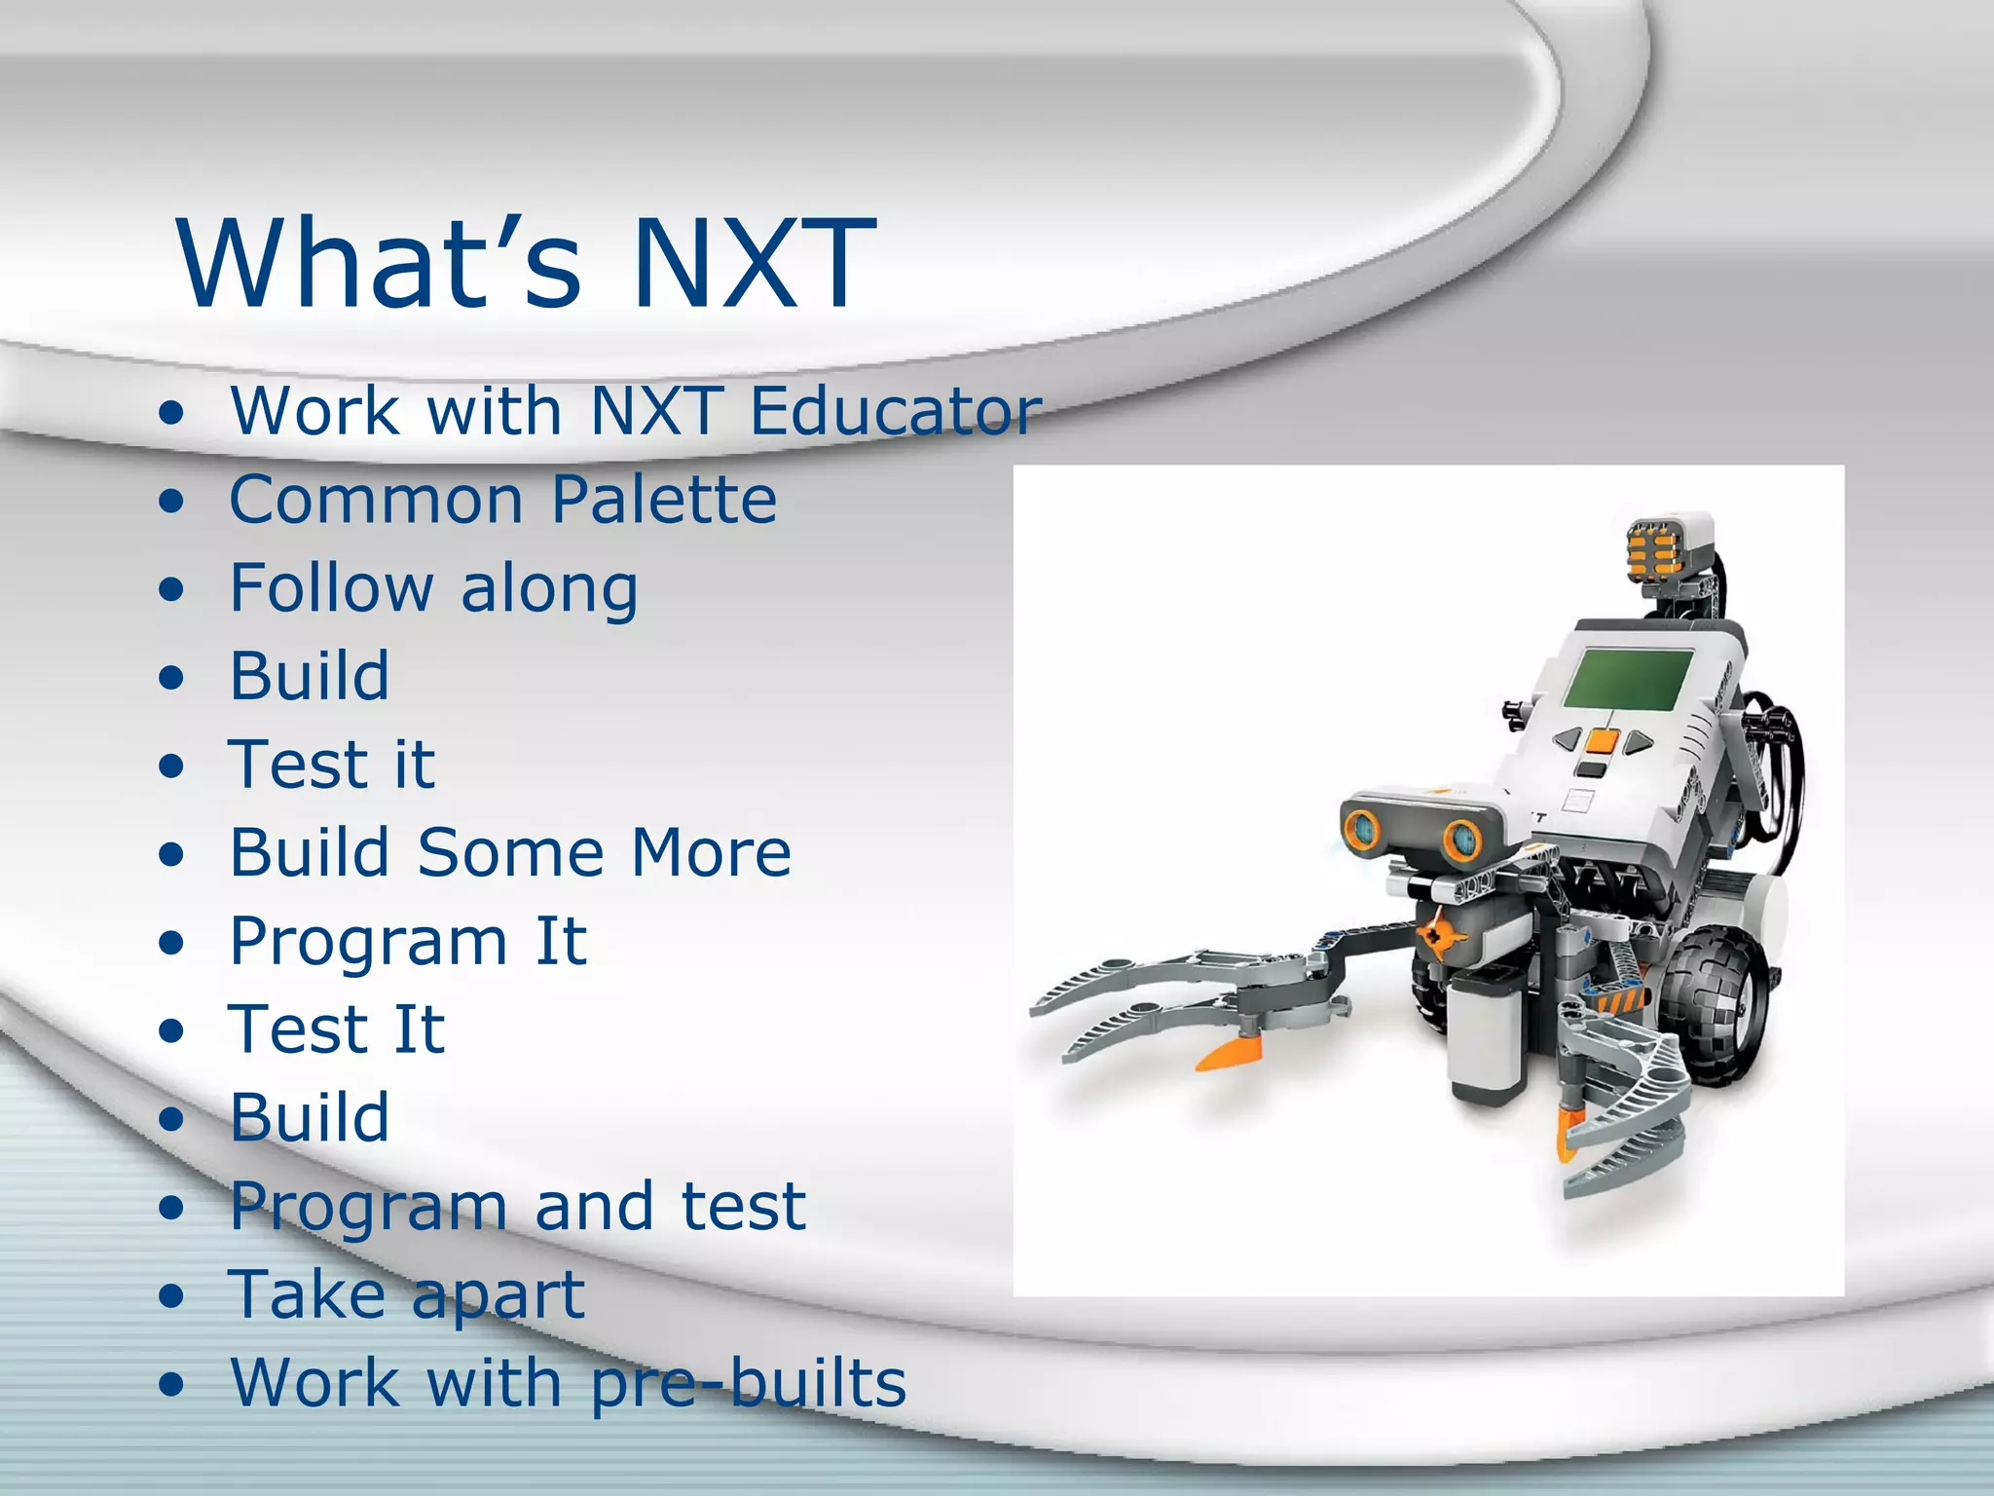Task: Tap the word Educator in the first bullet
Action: (x=896, y=411)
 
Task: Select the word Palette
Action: (x=664, y=500)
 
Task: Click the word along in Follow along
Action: (x=549, y=589)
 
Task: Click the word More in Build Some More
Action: (x=711, y=853)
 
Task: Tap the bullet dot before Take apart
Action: (x=171, y=1296)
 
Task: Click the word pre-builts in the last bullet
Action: (x=748, y=1383)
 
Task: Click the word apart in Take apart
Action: (x=497, y=1296)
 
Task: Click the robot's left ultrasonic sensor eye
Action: (x=1361, y=829)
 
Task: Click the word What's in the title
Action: (x=380, y=263)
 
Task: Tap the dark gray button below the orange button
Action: (x=1591, y=769)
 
